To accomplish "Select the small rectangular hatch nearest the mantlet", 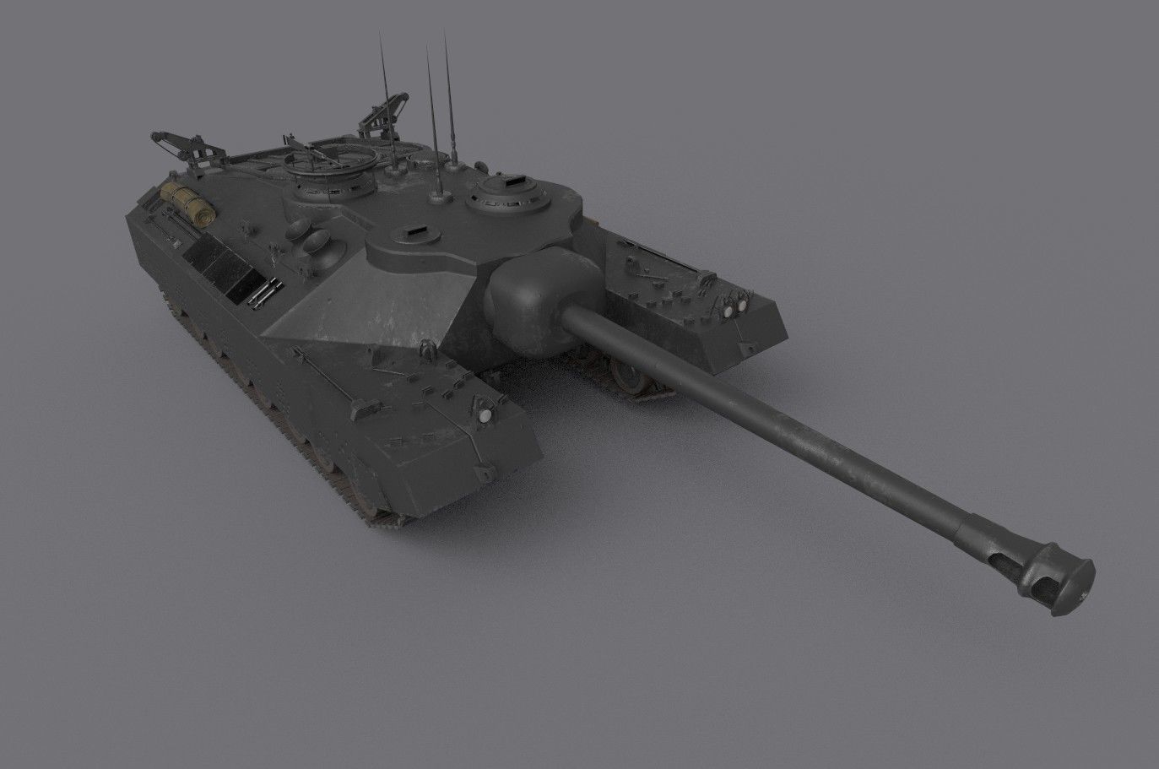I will [414, 229].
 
